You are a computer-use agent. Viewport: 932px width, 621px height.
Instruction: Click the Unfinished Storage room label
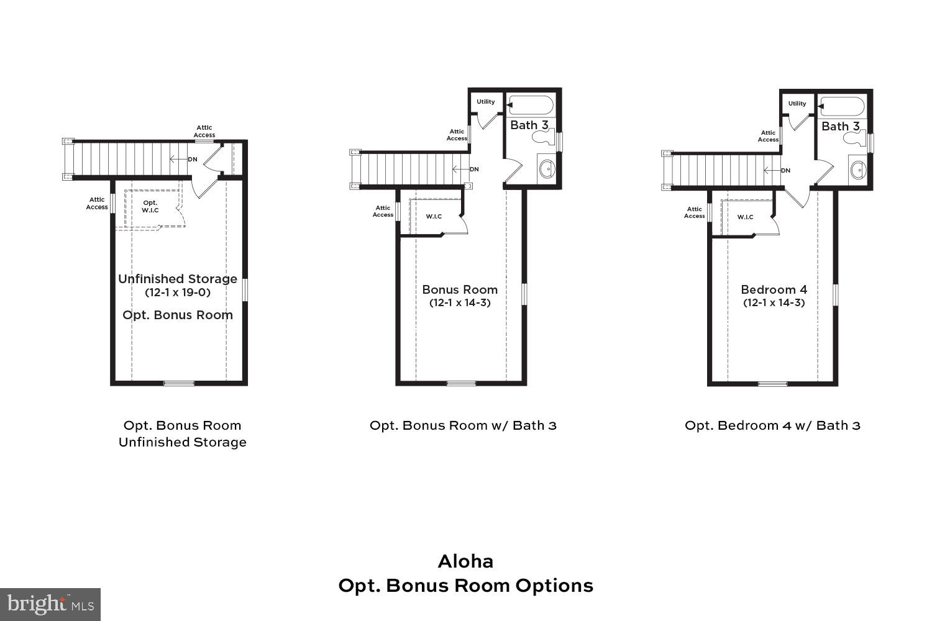click(178, 279)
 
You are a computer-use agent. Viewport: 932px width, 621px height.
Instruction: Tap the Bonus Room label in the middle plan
click(460, 289)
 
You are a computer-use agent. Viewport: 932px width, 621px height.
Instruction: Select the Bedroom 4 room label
click(774, 289)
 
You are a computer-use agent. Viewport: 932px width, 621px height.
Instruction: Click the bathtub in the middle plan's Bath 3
click(530, 105)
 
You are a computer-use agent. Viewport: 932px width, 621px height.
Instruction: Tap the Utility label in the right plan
click(797, 104)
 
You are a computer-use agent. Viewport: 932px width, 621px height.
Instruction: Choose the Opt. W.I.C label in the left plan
click(150, 206)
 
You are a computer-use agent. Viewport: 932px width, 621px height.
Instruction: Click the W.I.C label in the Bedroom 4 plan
click(745, 217)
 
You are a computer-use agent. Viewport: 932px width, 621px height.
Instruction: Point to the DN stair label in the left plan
click(193, 160)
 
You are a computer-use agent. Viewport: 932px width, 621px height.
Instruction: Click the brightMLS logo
click(50, 604)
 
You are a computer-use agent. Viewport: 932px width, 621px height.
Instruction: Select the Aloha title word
click(465, 561)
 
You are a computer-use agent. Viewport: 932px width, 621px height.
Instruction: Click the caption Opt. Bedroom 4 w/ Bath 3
click(772, 425)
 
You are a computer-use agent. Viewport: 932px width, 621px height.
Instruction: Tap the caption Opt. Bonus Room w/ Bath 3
click(463, 425)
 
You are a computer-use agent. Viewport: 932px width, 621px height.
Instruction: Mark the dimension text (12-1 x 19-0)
click(178, 292)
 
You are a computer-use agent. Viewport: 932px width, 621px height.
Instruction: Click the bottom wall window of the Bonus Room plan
click(460, 383)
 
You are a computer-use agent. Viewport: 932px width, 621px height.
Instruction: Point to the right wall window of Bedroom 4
click(836, 294)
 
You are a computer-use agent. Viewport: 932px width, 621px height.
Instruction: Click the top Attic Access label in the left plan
click(204, 131)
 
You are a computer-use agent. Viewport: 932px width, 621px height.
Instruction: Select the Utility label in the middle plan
click(486, 102)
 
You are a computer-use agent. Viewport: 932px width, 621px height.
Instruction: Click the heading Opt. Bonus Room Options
click(465, 586)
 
